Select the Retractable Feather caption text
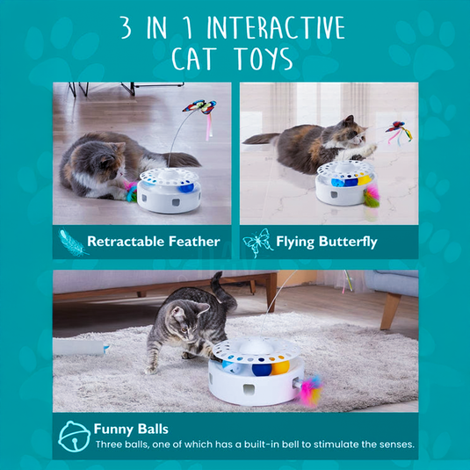coord(153,241)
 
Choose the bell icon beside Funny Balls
coord(73,437)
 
